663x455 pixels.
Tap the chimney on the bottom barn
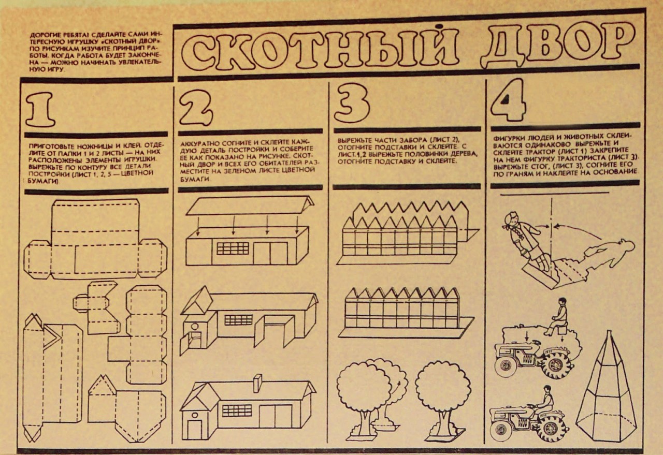click(257, 384)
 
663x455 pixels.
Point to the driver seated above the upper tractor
click(556, 317)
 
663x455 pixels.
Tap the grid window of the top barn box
click(233, 248)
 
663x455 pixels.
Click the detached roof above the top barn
click(250, 206)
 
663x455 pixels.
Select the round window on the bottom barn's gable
click(194, 415)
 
